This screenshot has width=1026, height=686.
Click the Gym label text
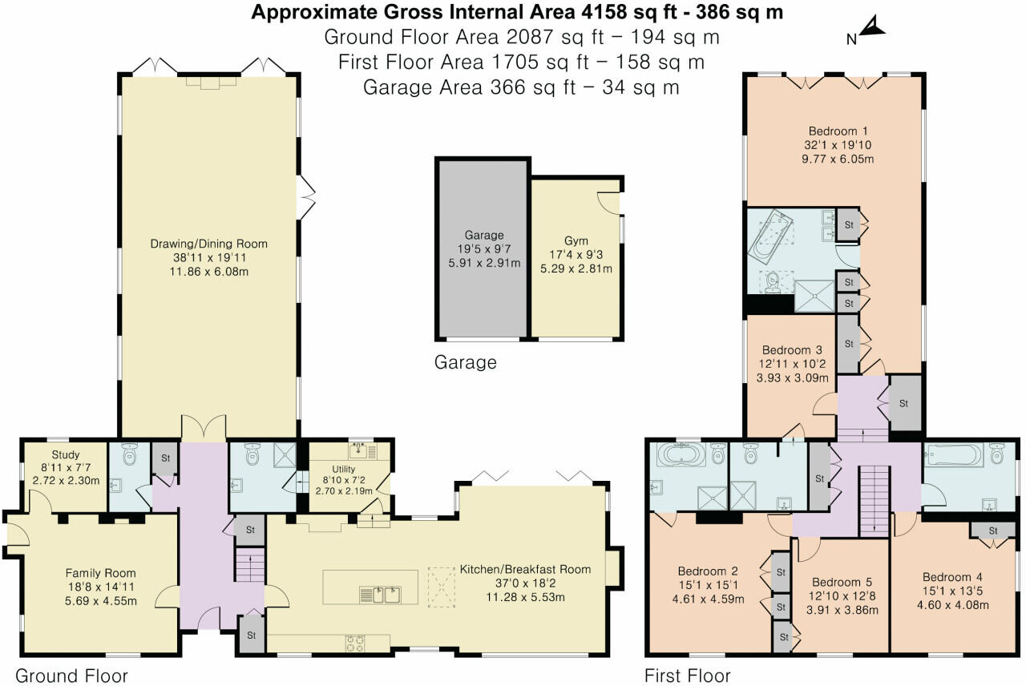point(576,240)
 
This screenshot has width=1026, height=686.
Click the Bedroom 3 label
point(792,350)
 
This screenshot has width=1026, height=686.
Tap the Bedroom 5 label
point(842,583)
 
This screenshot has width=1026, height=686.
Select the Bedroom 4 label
point(952,577)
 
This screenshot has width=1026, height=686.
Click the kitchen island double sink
point(379,594)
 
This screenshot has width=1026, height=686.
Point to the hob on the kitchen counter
point(356,640)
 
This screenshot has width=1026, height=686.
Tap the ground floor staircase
point(249,565)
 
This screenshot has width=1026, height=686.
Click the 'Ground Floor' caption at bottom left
point(71,676)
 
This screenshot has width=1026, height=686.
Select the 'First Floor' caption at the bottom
point(687,676)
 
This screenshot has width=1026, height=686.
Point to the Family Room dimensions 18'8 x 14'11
point(101,587)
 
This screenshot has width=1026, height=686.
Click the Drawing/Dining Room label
point(209,244)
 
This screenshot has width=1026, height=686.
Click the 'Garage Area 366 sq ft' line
point(521,87)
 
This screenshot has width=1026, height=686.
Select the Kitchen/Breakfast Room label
point(525,570)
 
